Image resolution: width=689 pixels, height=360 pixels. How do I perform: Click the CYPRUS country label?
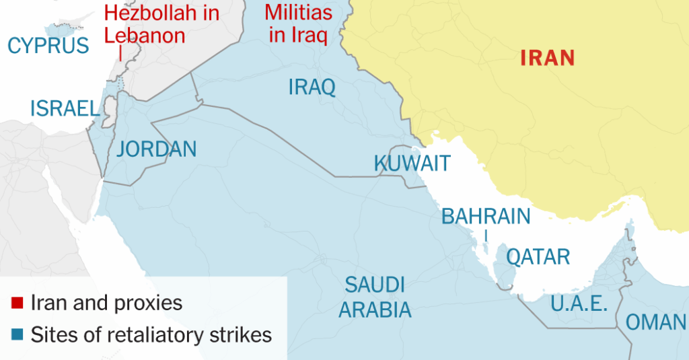pyautogui.click(x=48, y=46)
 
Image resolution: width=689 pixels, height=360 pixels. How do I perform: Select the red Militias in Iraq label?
pyautogui.click(x=299, y=24)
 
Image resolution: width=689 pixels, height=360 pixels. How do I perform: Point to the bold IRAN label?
pyautogui.click(x=548, y=58)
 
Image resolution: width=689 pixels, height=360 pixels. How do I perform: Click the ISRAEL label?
pyautogui.click(x=65, y=108)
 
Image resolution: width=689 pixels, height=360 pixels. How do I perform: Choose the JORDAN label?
pyautogui.click(x=157, y=149)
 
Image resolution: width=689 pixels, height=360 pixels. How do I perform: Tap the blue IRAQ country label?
pyautogui.click(x=312, y=87)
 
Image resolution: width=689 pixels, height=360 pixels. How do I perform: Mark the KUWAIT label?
pyautogui.click(x=412, y=164)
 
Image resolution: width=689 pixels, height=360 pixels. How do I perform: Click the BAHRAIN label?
pyautogui.click(x=486, y=216)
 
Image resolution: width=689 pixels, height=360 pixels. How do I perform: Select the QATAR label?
pyautogui.click(x=538, y=256)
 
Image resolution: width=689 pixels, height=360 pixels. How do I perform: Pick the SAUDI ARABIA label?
pyautogui.click(x=375, y=297)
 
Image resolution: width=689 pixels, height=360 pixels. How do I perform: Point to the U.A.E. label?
pyautogui.click(x=579, y=303)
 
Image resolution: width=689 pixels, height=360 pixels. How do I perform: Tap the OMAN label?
pyautogui.click(x=656, y=322)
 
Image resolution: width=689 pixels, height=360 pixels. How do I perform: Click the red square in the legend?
pyautogui.click(x=18, y=303)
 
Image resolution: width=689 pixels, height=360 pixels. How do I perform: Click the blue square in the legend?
pyautogui.click(x=18, y=334)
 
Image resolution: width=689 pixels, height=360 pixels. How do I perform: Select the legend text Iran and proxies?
pyautogui.click(x=106, y=303)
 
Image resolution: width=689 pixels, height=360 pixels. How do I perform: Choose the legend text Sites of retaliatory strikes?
pyautogui.click(x=151, y=334)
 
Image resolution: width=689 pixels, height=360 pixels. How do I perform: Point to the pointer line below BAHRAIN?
pyautogui.click(x=486, y=235)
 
